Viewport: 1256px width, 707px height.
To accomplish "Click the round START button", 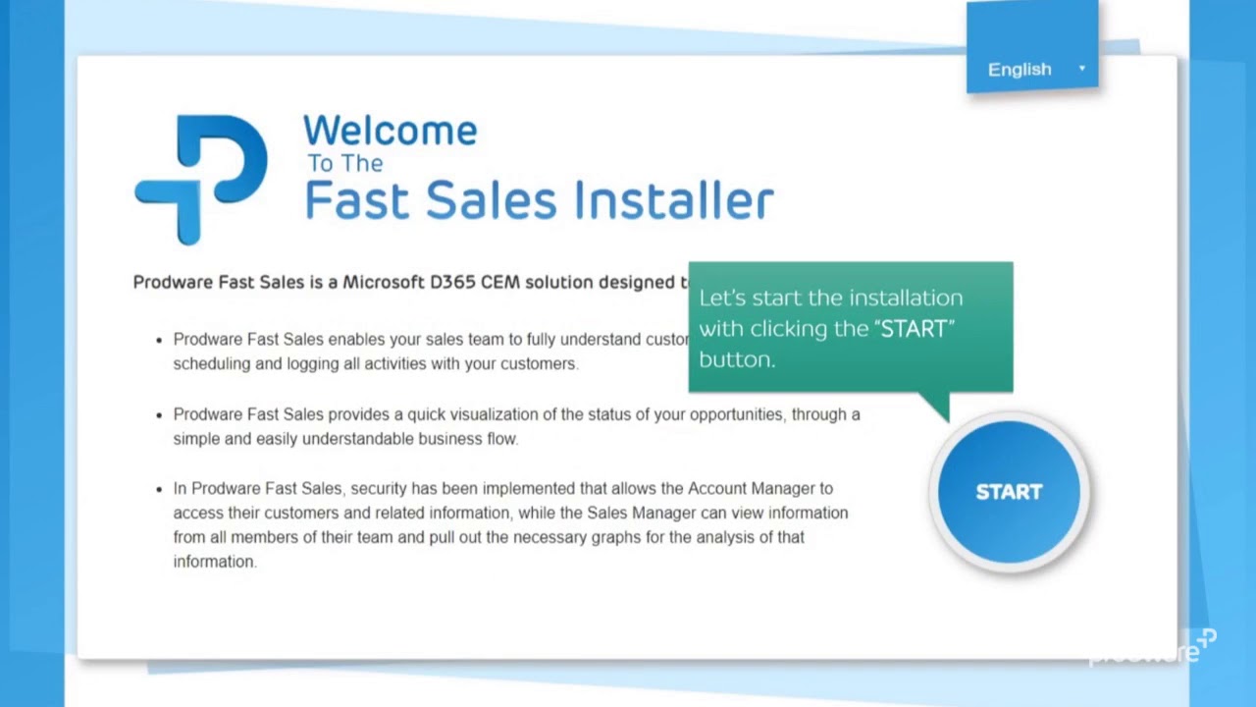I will (x=1009, y=492).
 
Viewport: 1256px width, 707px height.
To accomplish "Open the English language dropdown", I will (x=1031, y=69).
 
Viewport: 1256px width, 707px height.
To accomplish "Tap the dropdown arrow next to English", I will (x=1081, y=69).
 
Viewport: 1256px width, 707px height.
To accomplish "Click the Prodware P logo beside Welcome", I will (x=202, y=178).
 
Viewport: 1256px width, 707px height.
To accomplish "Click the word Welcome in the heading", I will (x=390, y=131).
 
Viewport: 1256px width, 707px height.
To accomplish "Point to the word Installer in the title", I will (x=673, y=199).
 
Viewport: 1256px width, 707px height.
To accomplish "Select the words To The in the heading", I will (x=344, y=163).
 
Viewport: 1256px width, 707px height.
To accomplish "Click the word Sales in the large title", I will (x=490, y=199).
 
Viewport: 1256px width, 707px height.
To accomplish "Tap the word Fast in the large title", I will (x=355, y=199).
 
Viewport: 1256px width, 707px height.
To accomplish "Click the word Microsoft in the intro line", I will (x=384, y=282).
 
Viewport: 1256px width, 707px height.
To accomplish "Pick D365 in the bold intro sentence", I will (x=452, y=282).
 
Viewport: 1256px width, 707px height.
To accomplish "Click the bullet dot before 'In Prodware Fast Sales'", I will (x=159, y=488).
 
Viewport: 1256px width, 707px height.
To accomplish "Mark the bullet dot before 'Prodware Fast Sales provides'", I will (x=159, y=414).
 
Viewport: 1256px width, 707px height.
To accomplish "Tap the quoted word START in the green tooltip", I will (x=915, y=329).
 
